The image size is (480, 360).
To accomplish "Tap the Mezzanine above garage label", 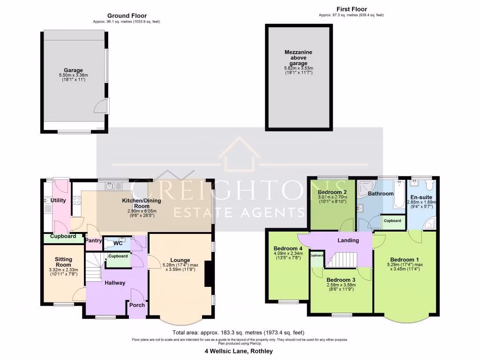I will (x=298, y=58).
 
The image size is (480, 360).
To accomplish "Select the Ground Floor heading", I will (x=127, y=15).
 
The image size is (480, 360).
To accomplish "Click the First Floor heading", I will (x=351, y=9).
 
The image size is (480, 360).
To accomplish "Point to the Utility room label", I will (x=55, y=201).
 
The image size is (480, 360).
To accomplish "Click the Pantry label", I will (x=93, y=240).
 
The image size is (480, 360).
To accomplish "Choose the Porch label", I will (x=137, y=305).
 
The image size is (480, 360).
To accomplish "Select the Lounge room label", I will (x=180, y=260).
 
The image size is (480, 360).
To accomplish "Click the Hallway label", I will (x=115, y=283).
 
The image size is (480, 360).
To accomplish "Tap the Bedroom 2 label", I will (x=332, y=192).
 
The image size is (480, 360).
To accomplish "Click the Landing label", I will (x=348, y=240).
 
